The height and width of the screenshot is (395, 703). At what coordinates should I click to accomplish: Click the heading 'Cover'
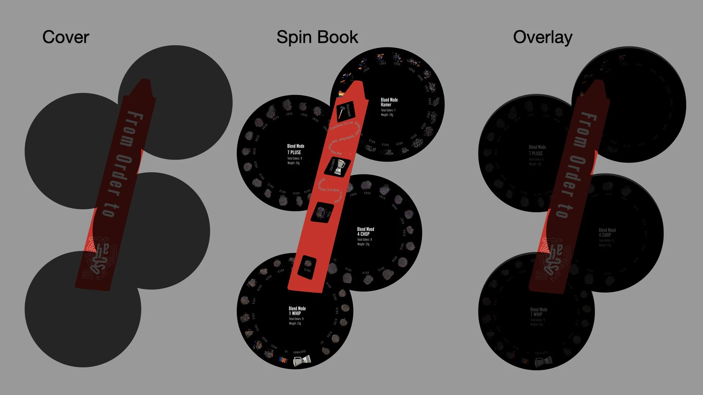[x=66, y=37]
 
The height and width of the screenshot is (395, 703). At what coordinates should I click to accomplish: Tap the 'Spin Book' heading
[x=317, y=37]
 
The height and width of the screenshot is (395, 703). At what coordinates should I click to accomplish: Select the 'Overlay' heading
[x=543, y=37]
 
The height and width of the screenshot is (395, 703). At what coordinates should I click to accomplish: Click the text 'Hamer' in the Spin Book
[x=386, y=105]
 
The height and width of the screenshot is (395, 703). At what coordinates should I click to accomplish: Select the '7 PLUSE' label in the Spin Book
[x=294, y=152]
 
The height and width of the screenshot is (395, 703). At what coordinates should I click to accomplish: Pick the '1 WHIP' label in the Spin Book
[x=295, y=313]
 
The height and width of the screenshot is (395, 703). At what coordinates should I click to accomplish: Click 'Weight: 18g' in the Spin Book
[x=387, y=115]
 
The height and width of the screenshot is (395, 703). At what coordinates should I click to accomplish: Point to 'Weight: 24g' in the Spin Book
[x=293, y=163]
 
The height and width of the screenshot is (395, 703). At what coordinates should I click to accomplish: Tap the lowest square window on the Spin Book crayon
[x=307, y=267]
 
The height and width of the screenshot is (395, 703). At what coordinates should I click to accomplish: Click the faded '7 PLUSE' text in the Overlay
[x=537, y=153]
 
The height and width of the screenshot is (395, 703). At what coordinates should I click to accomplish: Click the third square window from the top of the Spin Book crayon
[x=322, y=212]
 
